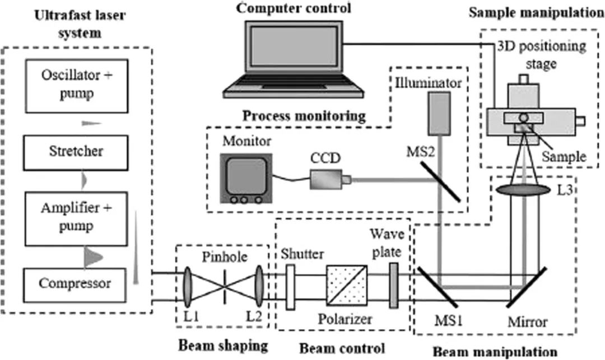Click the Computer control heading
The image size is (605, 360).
tap(294, 8)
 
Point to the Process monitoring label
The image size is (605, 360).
tap(303, 116)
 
